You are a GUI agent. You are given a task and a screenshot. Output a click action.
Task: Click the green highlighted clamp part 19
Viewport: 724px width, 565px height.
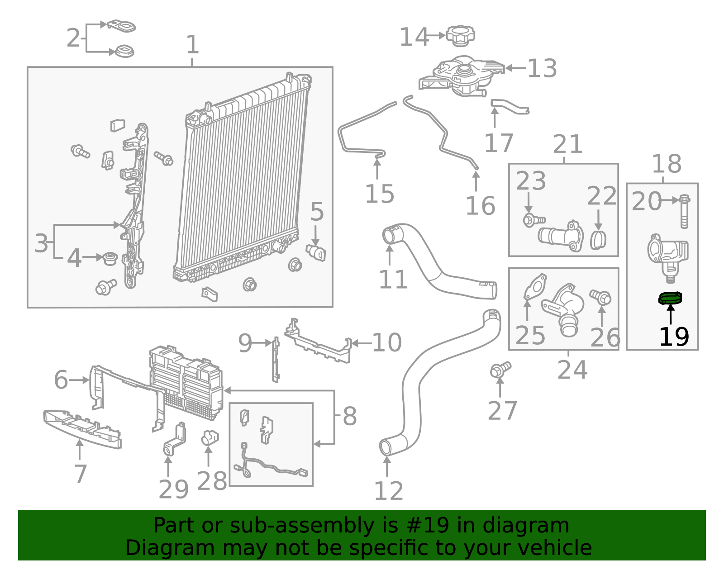click(x=670, y=298)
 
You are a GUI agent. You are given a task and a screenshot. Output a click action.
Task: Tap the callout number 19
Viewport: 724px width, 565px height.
click(x=674, y=337)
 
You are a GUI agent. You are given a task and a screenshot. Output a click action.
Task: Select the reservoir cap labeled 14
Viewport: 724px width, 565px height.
click(x=461, y=35)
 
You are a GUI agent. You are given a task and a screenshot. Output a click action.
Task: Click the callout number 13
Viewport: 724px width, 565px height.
click(x=542, y=68)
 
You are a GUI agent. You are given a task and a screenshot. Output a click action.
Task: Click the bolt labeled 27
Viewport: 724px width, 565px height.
click(x=500, y=370)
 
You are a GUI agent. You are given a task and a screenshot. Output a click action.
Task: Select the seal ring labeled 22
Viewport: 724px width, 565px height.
click(x=598, y=240)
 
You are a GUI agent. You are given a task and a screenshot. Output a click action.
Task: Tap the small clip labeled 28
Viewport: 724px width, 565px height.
click(x=210, y=438)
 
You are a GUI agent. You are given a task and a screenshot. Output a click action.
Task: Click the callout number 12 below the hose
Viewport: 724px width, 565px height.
click(x=388, y=491)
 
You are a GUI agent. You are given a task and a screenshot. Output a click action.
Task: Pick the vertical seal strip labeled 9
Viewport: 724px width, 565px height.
click(x=275, y=360)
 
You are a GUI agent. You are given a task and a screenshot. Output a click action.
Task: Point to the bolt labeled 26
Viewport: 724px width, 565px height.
click(x=601, y=297)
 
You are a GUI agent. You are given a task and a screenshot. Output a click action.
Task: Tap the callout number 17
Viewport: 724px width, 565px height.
click(x=499, y=143)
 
